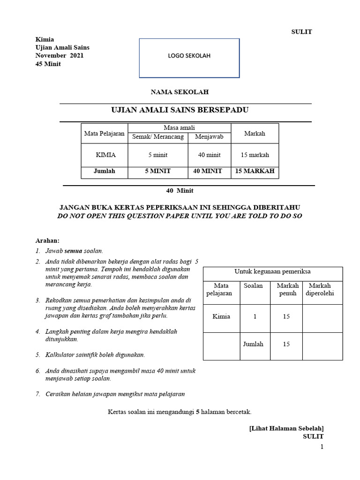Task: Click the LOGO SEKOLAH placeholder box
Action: click(189, 58)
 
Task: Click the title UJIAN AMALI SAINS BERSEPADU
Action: click(179, 110)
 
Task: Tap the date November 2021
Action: click(60, 56)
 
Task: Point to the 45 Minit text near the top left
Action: click(48, 64)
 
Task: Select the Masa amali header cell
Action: click(179, 128)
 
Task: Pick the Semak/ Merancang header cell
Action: click(158, 137)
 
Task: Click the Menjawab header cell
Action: click(209, 137)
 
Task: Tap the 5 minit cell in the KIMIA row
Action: click(158, 155)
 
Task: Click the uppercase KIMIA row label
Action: click(106, 155)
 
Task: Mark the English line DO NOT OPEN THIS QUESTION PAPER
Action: click(180, 216)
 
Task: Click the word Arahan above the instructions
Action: click(48, 240)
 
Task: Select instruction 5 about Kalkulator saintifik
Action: click(95, 355)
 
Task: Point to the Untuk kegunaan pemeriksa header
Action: click(272, 271)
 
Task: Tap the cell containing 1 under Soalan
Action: click(255, 316)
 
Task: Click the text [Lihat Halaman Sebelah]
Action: click(286, 428)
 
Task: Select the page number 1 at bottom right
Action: click(322, 447)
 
